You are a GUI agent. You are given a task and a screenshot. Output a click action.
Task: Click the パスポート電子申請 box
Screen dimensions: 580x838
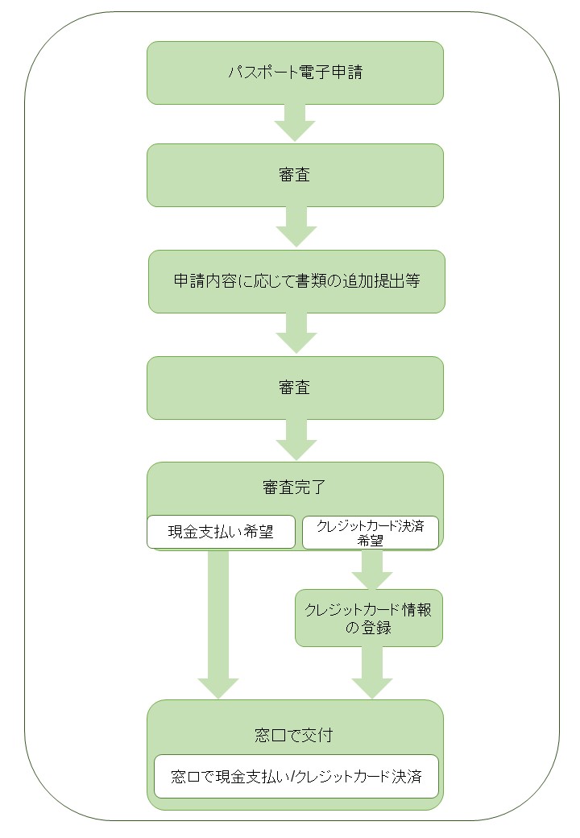[x=295, y=73]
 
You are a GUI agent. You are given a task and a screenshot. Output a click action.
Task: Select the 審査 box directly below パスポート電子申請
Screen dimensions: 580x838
[x=295, y=176]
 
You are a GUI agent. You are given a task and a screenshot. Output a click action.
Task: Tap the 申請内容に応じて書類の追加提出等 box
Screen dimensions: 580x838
[x=296, y=282]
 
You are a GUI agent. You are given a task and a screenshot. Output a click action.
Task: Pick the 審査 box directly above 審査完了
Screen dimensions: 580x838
[x=295, y=388]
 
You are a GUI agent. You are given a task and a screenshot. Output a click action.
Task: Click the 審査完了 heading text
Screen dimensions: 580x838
[x=294, y=487]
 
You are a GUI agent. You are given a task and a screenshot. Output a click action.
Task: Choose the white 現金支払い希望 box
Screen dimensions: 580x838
[x=221, y=532]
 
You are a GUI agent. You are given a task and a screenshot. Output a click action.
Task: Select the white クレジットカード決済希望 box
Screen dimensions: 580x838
[x=371, y=533]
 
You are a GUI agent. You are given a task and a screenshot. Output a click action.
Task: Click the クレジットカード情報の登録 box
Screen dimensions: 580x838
[x=369, y=618]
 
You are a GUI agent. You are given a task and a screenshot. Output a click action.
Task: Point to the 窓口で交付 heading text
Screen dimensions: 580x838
[x=294, y=736]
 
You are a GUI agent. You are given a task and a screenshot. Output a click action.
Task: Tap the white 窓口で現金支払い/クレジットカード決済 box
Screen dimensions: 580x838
[x=296, y=776]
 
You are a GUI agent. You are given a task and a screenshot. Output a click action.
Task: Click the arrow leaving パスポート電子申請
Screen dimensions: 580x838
[x=295, y=123]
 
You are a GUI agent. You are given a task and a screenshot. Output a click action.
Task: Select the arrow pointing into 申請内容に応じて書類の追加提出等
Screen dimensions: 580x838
[x=296, y=227]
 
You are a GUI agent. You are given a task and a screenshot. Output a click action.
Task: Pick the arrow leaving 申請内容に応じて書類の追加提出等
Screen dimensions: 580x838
[x=296, y=333]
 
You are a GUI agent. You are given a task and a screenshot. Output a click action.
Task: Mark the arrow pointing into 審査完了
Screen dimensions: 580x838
[x=296, y=440]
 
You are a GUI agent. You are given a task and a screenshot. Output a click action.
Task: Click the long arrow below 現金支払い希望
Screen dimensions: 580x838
[x=217, y=624]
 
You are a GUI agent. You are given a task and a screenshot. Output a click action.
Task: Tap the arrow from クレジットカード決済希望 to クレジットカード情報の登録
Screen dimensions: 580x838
[x=371, y=570]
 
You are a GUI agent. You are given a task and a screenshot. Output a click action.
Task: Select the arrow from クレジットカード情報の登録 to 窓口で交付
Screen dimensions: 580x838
[x=371, y=672]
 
